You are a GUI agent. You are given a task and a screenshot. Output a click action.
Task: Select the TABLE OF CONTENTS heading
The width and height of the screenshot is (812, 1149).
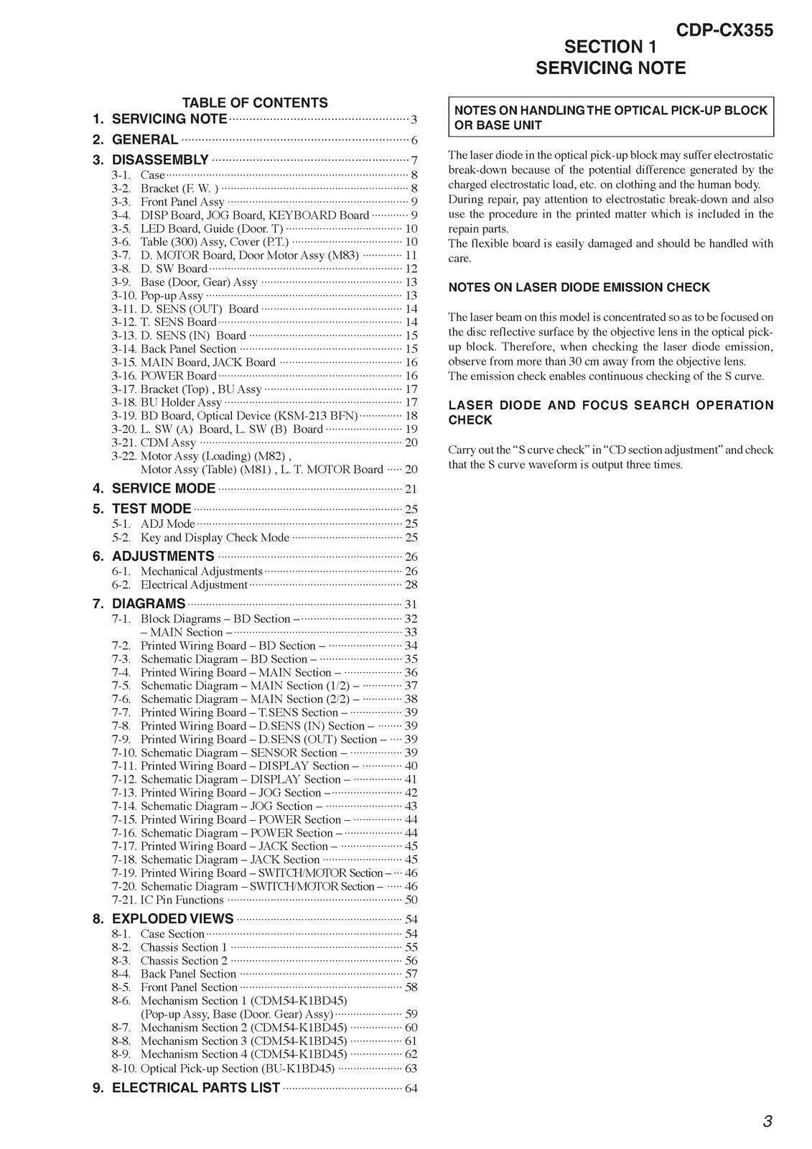tap(255, 103)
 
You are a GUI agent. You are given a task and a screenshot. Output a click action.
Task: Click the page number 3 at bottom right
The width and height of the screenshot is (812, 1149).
tap(767, 1122)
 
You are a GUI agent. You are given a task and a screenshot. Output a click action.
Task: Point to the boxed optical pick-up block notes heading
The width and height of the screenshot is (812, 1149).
tap(611, 117)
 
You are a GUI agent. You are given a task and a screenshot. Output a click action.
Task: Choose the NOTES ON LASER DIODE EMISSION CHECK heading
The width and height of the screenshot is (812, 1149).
tap(579, 287)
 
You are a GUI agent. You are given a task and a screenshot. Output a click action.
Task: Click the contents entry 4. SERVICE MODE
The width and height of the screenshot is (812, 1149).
tap(164, 488)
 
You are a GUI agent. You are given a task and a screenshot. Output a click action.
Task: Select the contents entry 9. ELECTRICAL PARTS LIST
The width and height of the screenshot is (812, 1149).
tap(196, 1087)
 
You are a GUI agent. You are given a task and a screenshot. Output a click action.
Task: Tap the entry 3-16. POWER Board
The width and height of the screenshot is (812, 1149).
tap(178, 376)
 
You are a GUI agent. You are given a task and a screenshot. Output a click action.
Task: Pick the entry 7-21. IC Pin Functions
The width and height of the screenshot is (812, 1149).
tap(182, 900)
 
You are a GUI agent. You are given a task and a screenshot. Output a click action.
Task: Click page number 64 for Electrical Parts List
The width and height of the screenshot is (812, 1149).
tap(411, 1089)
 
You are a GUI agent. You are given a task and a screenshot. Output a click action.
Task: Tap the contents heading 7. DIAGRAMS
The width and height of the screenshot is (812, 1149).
tap(149, 603)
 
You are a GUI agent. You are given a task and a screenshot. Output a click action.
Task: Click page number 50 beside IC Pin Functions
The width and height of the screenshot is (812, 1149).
tap(411, 900)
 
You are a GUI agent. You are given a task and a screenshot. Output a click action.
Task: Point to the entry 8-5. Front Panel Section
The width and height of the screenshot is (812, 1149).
tap(189, 987)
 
